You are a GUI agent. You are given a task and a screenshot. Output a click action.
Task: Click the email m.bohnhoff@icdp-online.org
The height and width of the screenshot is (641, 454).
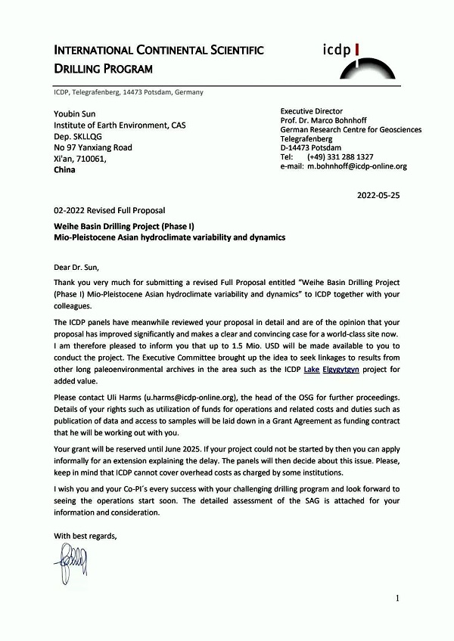pyautogui.click(x=357, y=166)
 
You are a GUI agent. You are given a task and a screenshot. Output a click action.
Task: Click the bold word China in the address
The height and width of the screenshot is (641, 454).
pyautogui.click(x=65, y=170)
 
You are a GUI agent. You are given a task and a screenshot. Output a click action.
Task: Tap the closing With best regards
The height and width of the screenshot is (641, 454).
pyautogui.click(x=86, y=536)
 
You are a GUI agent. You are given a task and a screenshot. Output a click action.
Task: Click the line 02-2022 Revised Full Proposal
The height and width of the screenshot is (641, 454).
pyautogui.click(x=109, y=210)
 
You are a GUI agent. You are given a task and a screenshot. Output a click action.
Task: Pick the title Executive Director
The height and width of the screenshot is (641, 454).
pyautogui.click(x=312, y=112)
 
